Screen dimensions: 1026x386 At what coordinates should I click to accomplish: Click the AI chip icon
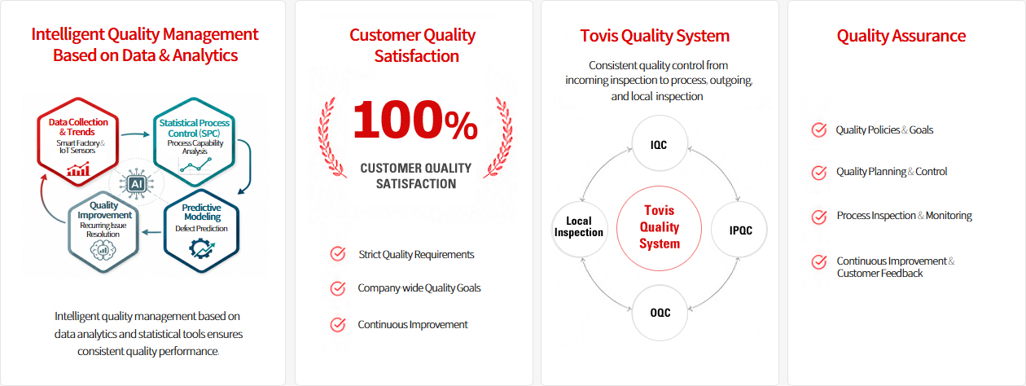(136, 184)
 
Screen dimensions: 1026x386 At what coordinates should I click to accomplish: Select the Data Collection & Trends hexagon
(78, 142)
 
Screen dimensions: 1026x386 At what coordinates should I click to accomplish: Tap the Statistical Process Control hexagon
(194, 142)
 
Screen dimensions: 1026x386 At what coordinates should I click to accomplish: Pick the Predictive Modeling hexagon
(202, 230)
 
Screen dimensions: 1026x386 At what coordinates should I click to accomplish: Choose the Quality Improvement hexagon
(103, 232)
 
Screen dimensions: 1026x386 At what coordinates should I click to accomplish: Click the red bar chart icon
(78, 170)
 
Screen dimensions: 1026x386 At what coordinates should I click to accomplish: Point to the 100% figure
(415, 120)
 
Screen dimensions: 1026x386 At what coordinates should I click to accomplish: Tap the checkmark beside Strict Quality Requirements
(338, 254)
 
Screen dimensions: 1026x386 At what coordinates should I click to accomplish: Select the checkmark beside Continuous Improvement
(338, 324)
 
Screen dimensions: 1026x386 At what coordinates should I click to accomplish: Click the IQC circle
(660, 144)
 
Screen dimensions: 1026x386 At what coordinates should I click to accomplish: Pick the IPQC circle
(739, 230)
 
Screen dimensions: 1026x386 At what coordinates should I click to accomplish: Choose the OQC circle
(660, 313)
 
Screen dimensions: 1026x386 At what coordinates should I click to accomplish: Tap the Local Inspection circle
(580, 229)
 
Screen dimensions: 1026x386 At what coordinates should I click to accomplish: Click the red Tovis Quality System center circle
(659, 227)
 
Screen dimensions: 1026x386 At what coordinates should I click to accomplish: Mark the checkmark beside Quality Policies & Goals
(819, 130)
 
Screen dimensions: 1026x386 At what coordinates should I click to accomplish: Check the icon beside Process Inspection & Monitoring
(819, 217)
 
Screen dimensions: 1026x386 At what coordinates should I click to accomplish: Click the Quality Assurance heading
(901, 36)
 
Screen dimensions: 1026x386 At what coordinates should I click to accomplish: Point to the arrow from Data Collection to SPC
(135, 134)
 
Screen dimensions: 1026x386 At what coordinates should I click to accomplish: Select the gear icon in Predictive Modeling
(201, 249)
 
